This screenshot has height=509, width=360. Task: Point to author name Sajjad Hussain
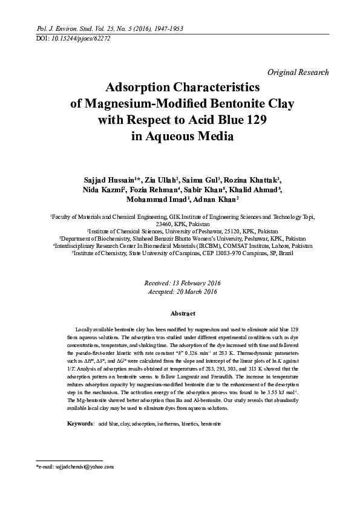coord(106,180)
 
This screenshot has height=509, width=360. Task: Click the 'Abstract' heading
coord(183,314)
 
